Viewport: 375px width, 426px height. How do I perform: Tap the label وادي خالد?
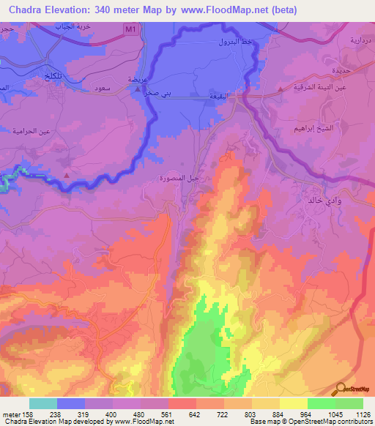click(x=321, y=199)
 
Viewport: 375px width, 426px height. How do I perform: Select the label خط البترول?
click(x=234, y=43)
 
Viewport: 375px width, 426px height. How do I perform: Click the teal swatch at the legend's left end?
click(x=42, y=403)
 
